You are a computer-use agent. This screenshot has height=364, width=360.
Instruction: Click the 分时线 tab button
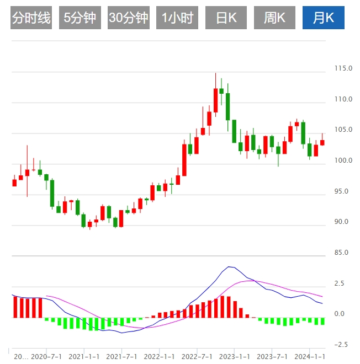(31, 18)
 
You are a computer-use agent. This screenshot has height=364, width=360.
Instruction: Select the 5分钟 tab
(80, 18)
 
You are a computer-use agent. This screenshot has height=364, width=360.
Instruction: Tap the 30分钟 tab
(129, 18)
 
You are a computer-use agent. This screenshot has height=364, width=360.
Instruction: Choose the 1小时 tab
(177, 18)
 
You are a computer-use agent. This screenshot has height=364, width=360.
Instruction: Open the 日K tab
(226, 18)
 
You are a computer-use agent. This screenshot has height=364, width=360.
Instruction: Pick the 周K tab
(274, 18)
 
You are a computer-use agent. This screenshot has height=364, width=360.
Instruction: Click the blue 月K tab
(323, 18)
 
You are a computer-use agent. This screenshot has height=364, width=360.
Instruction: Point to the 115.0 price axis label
(343, 68)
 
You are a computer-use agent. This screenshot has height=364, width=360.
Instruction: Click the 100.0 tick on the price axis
(343, 160)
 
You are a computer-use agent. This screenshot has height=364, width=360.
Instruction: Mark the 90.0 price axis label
(343, 222)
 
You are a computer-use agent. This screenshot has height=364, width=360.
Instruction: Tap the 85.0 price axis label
(343, 253)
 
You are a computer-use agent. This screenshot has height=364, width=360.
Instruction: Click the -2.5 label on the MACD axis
(341, 345)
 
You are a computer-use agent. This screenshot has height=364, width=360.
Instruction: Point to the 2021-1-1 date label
(83, 356)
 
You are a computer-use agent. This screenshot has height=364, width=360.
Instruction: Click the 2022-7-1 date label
(197, 356)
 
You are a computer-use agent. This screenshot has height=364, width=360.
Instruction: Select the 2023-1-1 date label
(235, 356)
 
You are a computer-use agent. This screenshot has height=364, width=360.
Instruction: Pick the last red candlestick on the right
(322, 142)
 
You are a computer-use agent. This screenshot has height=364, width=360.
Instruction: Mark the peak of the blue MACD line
(229, 267)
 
